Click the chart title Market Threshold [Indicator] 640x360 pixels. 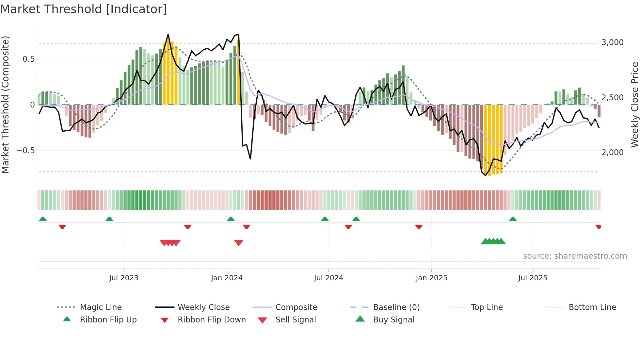pyautogui.click(x=84, y=9)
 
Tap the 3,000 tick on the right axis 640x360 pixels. pyautogui.click(x=612, y=42)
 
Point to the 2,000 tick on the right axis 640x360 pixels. pyautogui.click(x=612, y=153)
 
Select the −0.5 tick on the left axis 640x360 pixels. pyautogui.click(x=25, y=151)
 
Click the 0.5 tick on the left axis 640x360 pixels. pyautogui.click(x=28, y=59)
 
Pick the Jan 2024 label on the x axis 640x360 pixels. pyautogui.click(x=227, y=278)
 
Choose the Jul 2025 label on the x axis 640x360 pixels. pyautogui.click(x=533, y=278)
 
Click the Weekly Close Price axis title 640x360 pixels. pyautogui.click(x=634, y=105)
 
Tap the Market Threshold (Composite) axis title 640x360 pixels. pyautogui.click(x=5, y=105)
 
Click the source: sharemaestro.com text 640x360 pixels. pyautogui.click(x=575, y=256)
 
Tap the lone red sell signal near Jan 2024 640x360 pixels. pyautogui.click(x=239, y=242)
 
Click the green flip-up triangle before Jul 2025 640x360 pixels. pyautogui.click(x=513, y=219)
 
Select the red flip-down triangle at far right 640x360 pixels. pyautogui.click(x=598, y=227)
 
